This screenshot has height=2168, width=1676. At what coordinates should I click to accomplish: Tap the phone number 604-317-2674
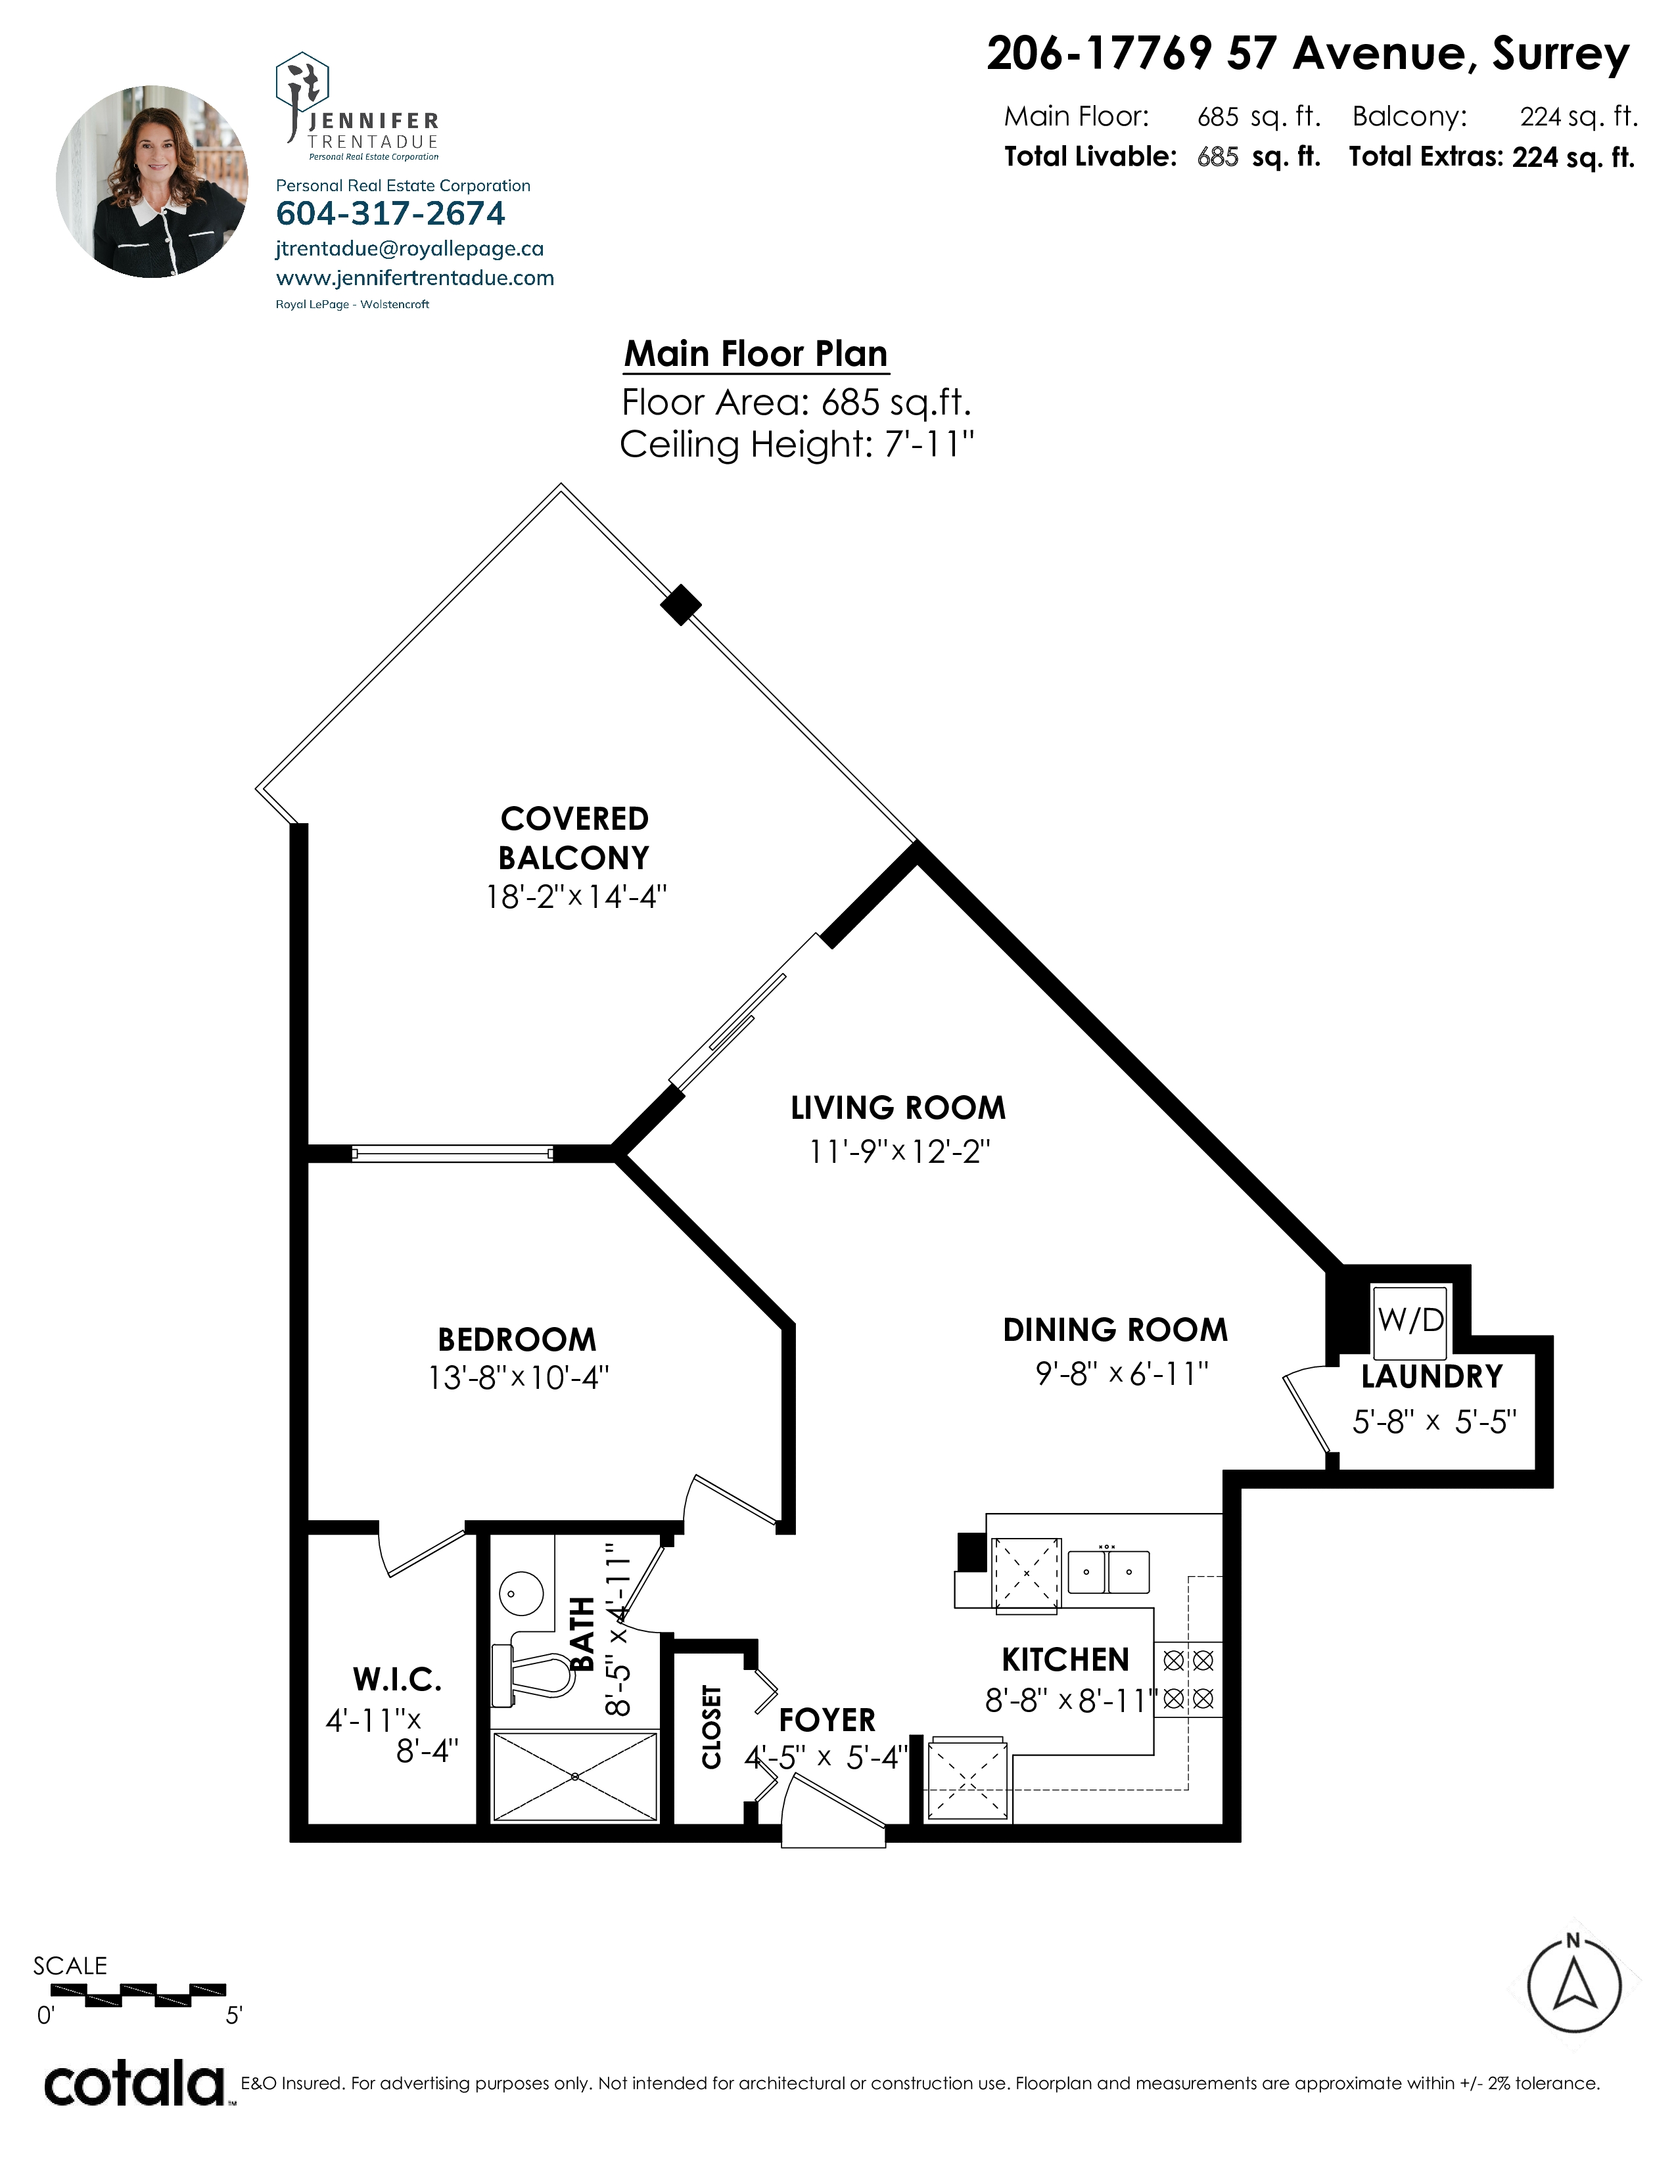tap(390, 214)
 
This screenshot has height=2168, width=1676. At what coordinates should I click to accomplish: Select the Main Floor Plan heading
tap(756, 353)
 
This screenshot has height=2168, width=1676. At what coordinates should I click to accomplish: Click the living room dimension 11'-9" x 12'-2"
tap(900, 1152)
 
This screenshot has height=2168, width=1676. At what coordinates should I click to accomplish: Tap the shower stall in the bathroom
tap(575, 1777)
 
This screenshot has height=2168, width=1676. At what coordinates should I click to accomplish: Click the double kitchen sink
tap(1108, 1571)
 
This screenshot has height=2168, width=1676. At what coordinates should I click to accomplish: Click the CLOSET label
tap(711, 1727)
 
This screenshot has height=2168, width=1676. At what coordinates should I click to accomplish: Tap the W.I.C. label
tap(397, 1680)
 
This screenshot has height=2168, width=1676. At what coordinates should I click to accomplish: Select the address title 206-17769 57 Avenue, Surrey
tap(1309, 55)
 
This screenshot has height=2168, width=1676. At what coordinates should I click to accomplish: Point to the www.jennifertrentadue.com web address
tap(415, 278)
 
